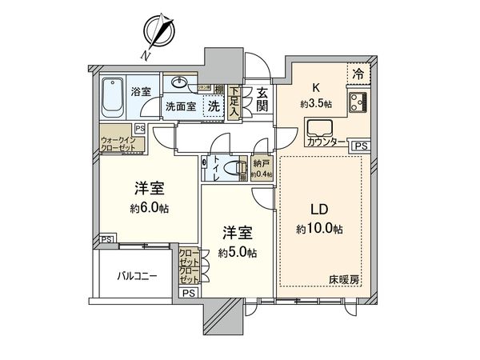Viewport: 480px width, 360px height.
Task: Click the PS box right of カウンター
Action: pyautogui.click(x=361, y=146)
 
